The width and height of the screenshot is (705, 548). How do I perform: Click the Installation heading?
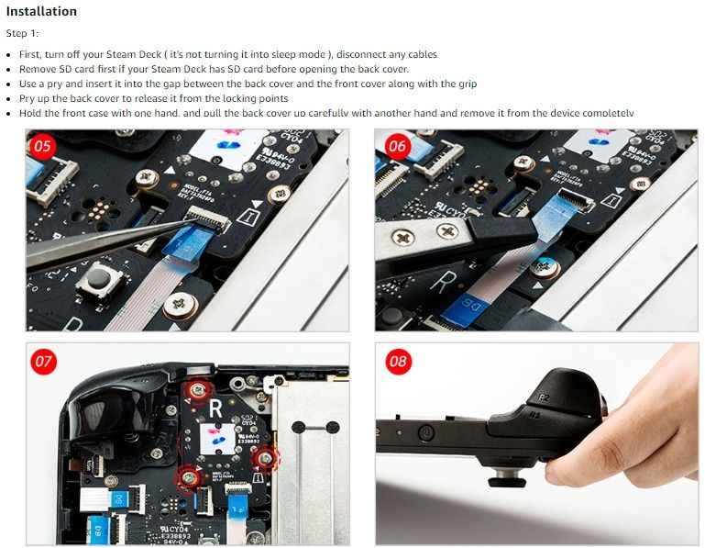41,12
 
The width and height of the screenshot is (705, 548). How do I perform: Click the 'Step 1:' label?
22,33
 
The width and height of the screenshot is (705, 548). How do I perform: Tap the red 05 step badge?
43,146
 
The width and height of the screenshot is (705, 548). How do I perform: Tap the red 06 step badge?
397,146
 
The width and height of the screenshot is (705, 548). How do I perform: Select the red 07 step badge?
43,361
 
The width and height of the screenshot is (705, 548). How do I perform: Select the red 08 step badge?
397,361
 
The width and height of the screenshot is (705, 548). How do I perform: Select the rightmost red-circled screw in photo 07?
266,456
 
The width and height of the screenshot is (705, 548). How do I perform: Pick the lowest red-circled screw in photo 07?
190,475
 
